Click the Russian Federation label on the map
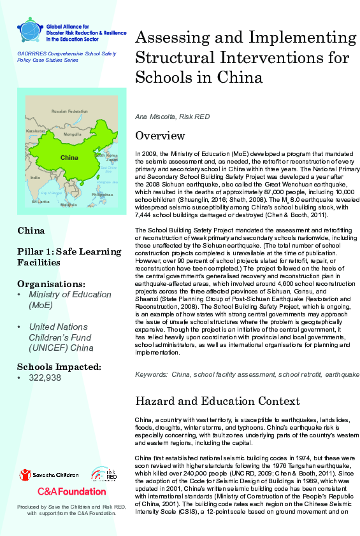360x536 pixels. (70, 111)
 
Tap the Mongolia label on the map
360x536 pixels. (73, 135)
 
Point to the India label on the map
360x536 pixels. (36, 178)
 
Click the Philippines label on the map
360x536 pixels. (101, 194)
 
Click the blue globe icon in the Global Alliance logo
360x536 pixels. (30, 29)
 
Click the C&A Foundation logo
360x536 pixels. (72, 491)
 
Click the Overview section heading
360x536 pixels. (160, 136)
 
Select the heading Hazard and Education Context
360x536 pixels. (217, 401)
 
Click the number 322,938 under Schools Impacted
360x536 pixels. (45, 378)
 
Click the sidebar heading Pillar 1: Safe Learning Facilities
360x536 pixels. (62, 258)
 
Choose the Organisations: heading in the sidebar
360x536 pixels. (52, 284)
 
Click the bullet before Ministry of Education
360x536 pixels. (20, 295)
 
